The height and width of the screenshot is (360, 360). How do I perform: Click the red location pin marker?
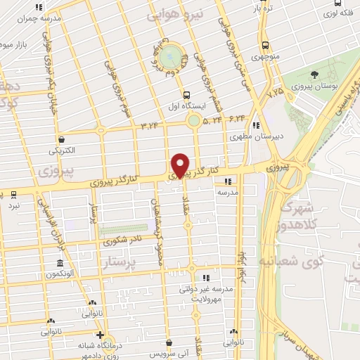pyautogui.click(x=181, y=165)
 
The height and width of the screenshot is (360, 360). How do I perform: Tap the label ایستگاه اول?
pyautogui.click(x=186, y=106)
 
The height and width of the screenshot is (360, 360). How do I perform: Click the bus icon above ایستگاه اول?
pyautogui.click(x=186, y=96)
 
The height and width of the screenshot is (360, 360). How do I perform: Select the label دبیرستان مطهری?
pyautogui.click(x=260, y=137)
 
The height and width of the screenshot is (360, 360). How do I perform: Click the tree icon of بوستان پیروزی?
pyautogui.click(x=314, y=74)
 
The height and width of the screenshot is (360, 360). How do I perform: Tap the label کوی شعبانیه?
pyautogui.click(x=314, y=261)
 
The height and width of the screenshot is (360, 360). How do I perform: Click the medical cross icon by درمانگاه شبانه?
pyautogui.click(x=101, y=335)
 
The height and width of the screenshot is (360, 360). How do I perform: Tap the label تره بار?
pyautogui.click(x=264, y=11)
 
